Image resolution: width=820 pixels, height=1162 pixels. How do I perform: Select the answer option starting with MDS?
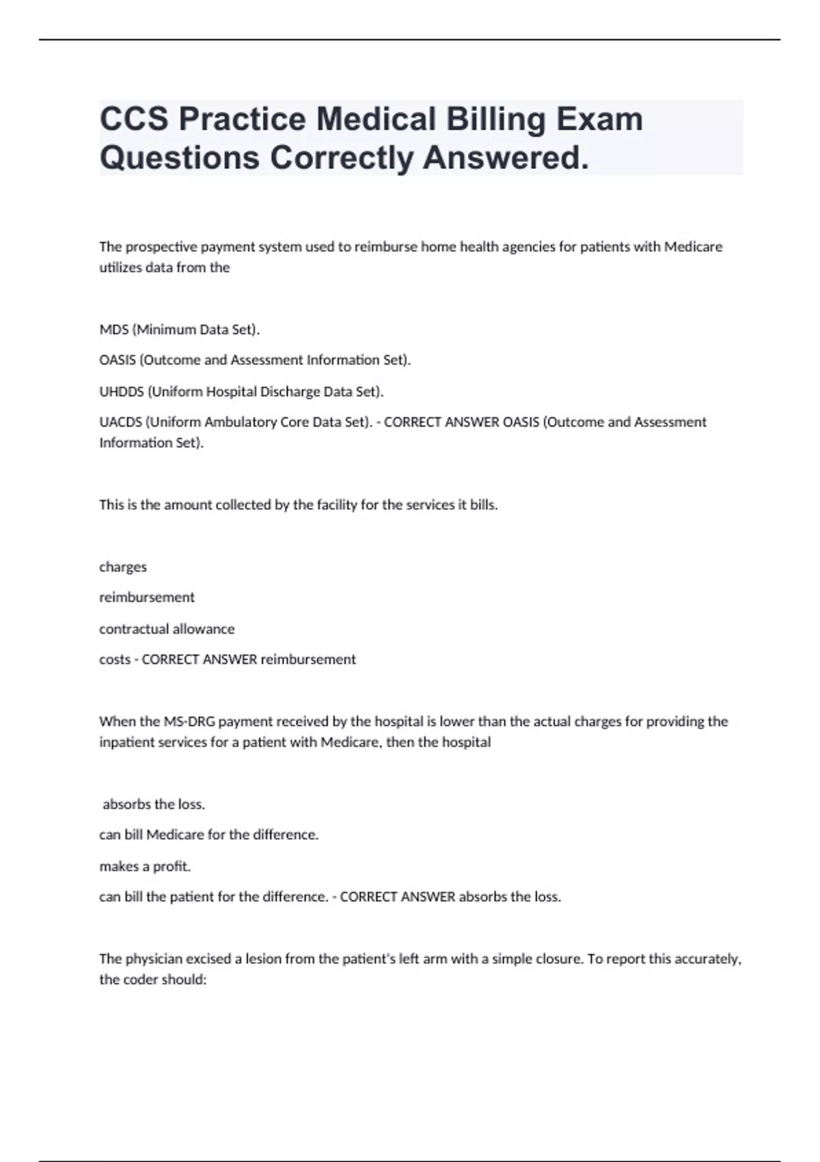pos(180,329)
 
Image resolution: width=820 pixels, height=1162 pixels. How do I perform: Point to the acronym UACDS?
pos(120,422)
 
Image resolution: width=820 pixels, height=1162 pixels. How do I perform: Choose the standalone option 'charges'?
pos(123,567)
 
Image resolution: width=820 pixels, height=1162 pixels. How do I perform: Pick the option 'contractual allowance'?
pos(167,629)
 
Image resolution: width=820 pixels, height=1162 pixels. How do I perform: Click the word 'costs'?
pos(114,660)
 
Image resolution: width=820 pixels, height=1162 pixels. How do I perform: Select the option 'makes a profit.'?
pos(145,866)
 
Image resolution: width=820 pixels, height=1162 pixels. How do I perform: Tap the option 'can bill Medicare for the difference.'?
pos(209,835)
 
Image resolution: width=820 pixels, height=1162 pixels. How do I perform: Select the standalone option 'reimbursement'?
pos(147,597)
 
